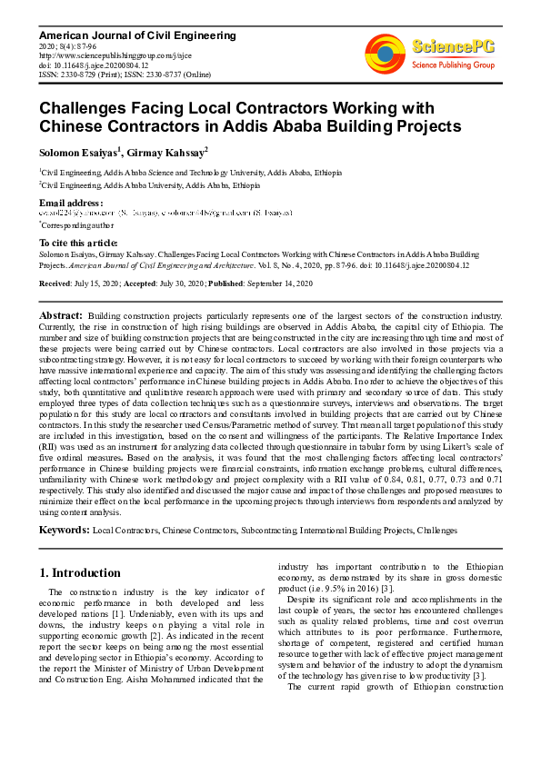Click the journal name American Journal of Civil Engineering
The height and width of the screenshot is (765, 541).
[125, 35]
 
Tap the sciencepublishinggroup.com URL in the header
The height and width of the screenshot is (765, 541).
[99, 55]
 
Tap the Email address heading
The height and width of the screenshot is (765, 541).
[70, 202]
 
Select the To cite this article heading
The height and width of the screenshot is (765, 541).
[78, 243]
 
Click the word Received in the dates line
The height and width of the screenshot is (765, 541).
[55, 284]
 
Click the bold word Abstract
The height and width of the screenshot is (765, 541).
[60, 314]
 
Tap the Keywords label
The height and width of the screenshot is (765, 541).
[64, 530]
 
